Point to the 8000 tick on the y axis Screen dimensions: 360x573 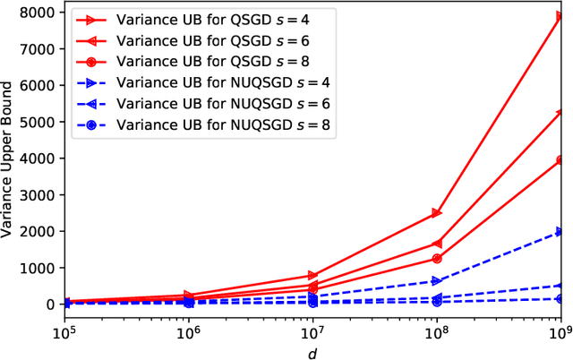click(x=40, y=12)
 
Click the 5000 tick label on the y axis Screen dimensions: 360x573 click(x=40, y=121)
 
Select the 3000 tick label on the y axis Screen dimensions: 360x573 click(x=40, y=194)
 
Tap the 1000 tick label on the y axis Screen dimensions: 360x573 click(x=40, y=268)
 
